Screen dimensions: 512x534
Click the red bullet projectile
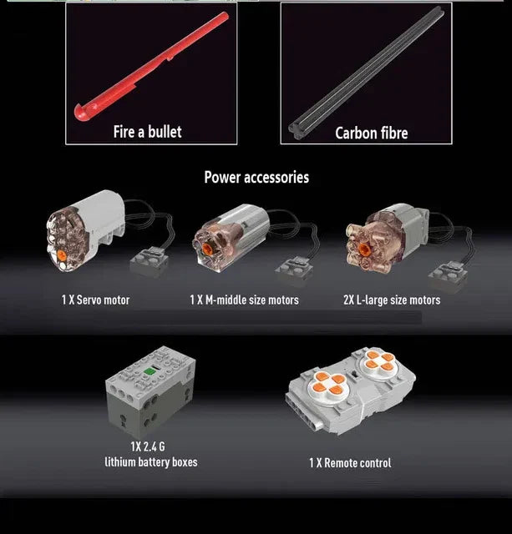152,66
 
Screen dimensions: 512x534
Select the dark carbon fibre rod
366,73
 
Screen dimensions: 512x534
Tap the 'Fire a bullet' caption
147,132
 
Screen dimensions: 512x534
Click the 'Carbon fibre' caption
371,133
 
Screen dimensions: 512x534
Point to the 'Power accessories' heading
256,177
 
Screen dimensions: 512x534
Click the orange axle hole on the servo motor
61,254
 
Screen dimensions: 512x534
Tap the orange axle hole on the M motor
207,248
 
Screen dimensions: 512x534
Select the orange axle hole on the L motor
363,249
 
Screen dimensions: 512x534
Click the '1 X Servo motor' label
95,300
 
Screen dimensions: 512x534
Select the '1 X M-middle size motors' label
244,300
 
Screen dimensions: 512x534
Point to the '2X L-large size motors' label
392,300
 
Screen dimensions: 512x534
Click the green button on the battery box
149,371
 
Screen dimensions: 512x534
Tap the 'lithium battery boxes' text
151,462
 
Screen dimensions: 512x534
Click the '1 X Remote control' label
350,463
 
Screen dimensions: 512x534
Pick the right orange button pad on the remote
378,360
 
